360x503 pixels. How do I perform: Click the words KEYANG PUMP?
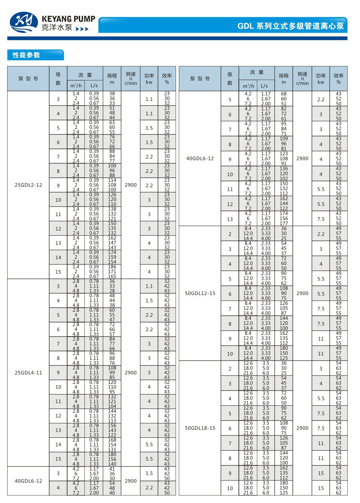pyautogui.click(x=68, y=19)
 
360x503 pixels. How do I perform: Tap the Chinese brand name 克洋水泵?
pyautogui.click(x=57, y=28)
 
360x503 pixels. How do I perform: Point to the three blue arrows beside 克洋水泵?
pyautogui.click(x=82, y=29)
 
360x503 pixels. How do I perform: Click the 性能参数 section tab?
pyautogui.click(x=27, y=55)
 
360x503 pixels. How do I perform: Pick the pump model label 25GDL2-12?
pyautogui.click(x=28, y=185)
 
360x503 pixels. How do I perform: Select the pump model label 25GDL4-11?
pyautogui.click(x=28, y=373)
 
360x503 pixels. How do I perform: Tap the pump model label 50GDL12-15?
pyautogui.click(x=200, y=293)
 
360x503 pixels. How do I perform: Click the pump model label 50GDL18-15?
pyautogui.click(x=200, y=428)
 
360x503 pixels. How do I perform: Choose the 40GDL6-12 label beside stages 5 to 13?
pyautogui.click(x=200, y=158)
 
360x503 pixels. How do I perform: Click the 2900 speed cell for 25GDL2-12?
pyautogui.click(x=130, y=185)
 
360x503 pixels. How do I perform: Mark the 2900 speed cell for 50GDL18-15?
pyautogui.click(x=302, y=428)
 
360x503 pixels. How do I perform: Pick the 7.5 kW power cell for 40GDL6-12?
pyautogui.click(x=321, y=219)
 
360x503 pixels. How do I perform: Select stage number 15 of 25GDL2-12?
pyautogui.click(x=58, y=272)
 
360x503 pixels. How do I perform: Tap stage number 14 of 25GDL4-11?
pyautogui.click(x=58, y=445)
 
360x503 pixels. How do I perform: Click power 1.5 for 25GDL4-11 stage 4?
pyautogui.click(x=149, y=301)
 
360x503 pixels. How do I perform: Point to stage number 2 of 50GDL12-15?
pyautogui.click(x=230, y=234)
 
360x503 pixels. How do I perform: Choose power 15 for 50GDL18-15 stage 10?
pyautogui.click(x=321, y=488)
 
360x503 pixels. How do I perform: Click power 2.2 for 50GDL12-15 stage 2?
pyautogui.click(x=321, y=234)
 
